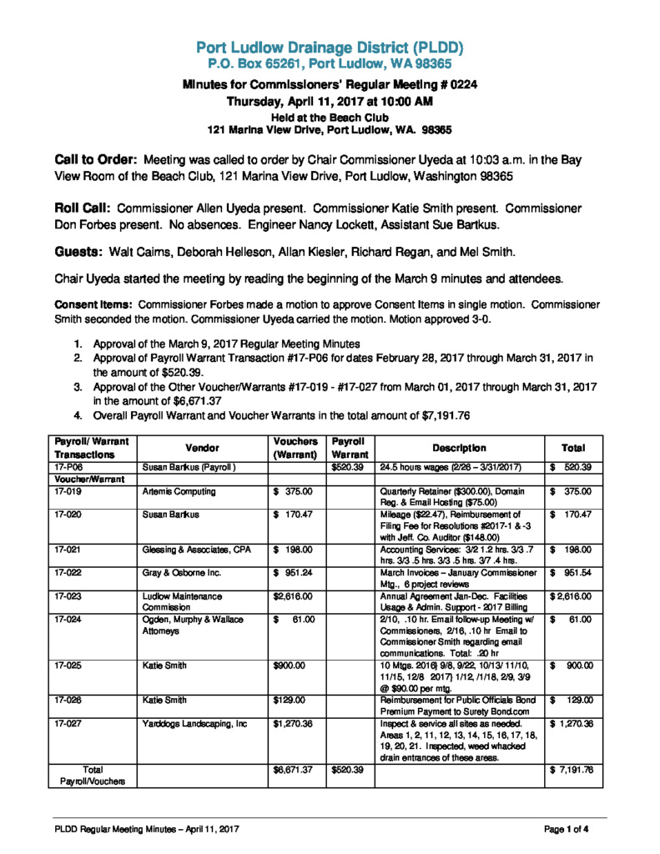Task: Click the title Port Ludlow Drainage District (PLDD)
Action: (330, 47)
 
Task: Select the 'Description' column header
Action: (459, 448)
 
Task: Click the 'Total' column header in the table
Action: (572, 448)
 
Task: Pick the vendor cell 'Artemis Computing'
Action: (179, 492)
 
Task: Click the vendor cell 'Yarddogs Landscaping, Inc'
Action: (195, 724)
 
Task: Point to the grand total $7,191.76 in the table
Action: (572, 770)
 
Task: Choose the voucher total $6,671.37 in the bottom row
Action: (293, 770)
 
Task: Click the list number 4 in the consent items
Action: (77, 415)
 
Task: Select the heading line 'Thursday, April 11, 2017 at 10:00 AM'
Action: (330, 102)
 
